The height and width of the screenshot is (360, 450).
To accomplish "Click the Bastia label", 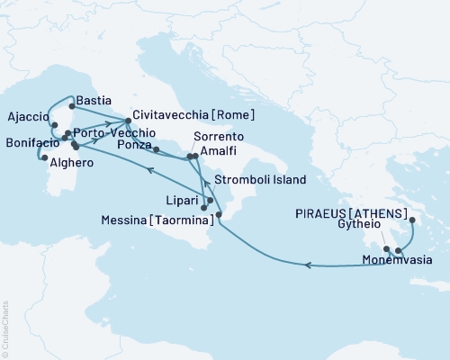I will click(94, 100).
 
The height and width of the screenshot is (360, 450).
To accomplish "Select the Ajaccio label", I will click(27, 116).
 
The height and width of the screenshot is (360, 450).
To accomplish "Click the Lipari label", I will click(185, 193).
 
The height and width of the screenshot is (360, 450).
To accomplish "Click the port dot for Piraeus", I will click(412, 220).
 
